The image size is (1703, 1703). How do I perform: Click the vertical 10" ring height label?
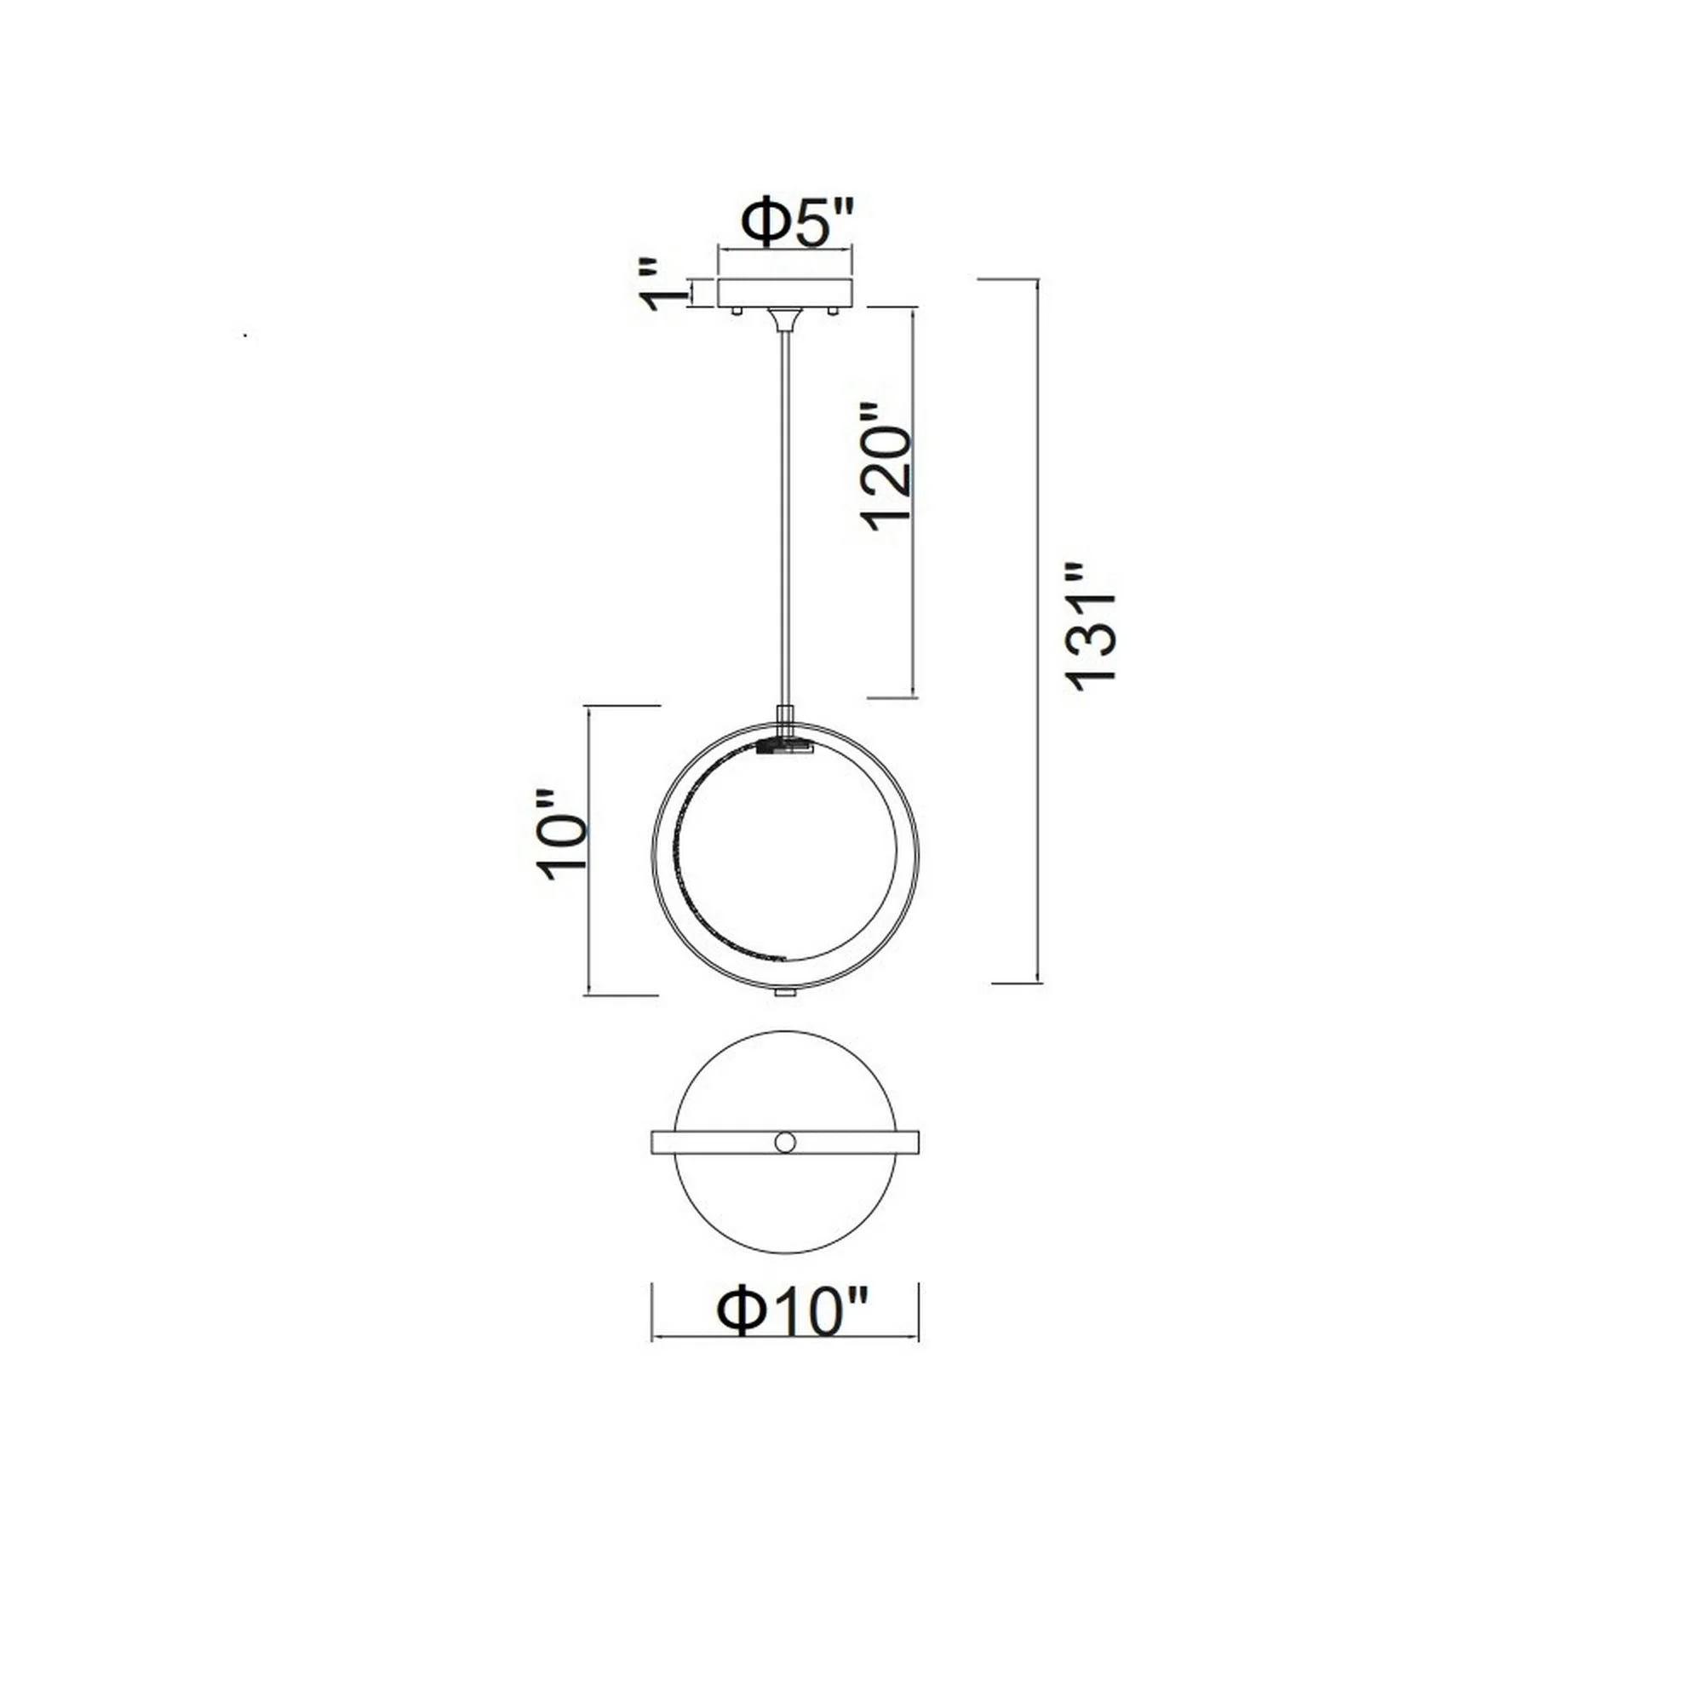pyautogui.click(x=560, y=833)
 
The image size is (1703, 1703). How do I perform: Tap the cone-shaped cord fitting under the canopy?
pyautogui.click(x=784, y=318)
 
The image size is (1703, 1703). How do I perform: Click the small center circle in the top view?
pyautogui.click(x=784, y=1143)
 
